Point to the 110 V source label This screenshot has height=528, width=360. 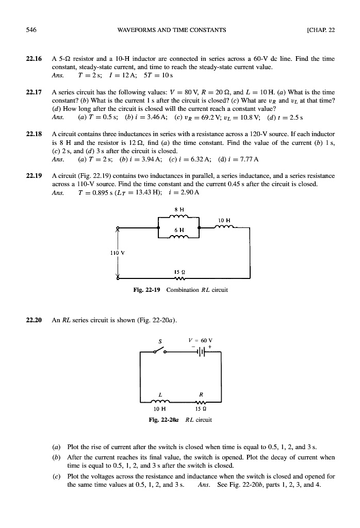[115, 253]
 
